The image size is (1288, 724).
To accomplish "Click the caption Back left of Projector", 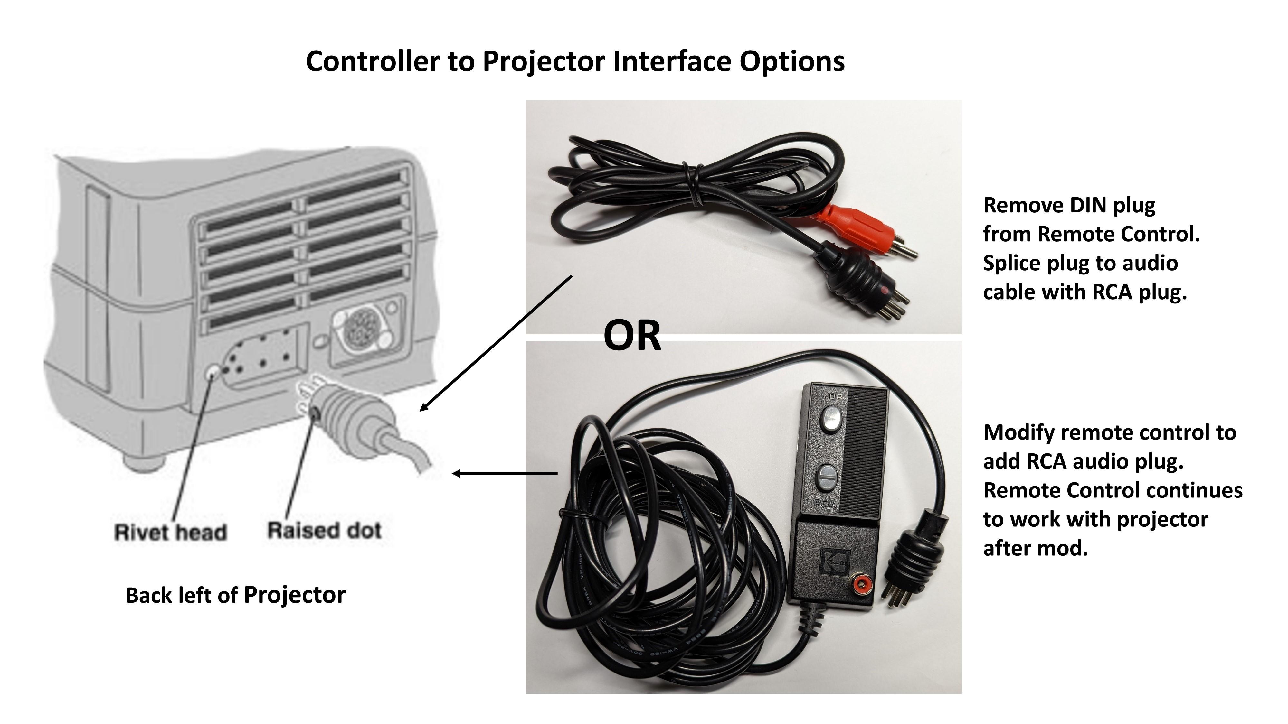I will pyautogui.click(x=235, y=595).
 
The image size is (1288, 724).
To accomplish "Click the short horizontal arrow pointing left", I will pyautogui.click(x=505, y=473).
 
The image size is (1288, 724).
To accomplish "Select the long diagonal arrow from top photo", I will pyautogui.click(x=495, y=343).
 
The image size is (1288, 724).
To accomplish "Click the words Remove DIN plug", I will pyautogui.click(x=1069, y=205).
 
